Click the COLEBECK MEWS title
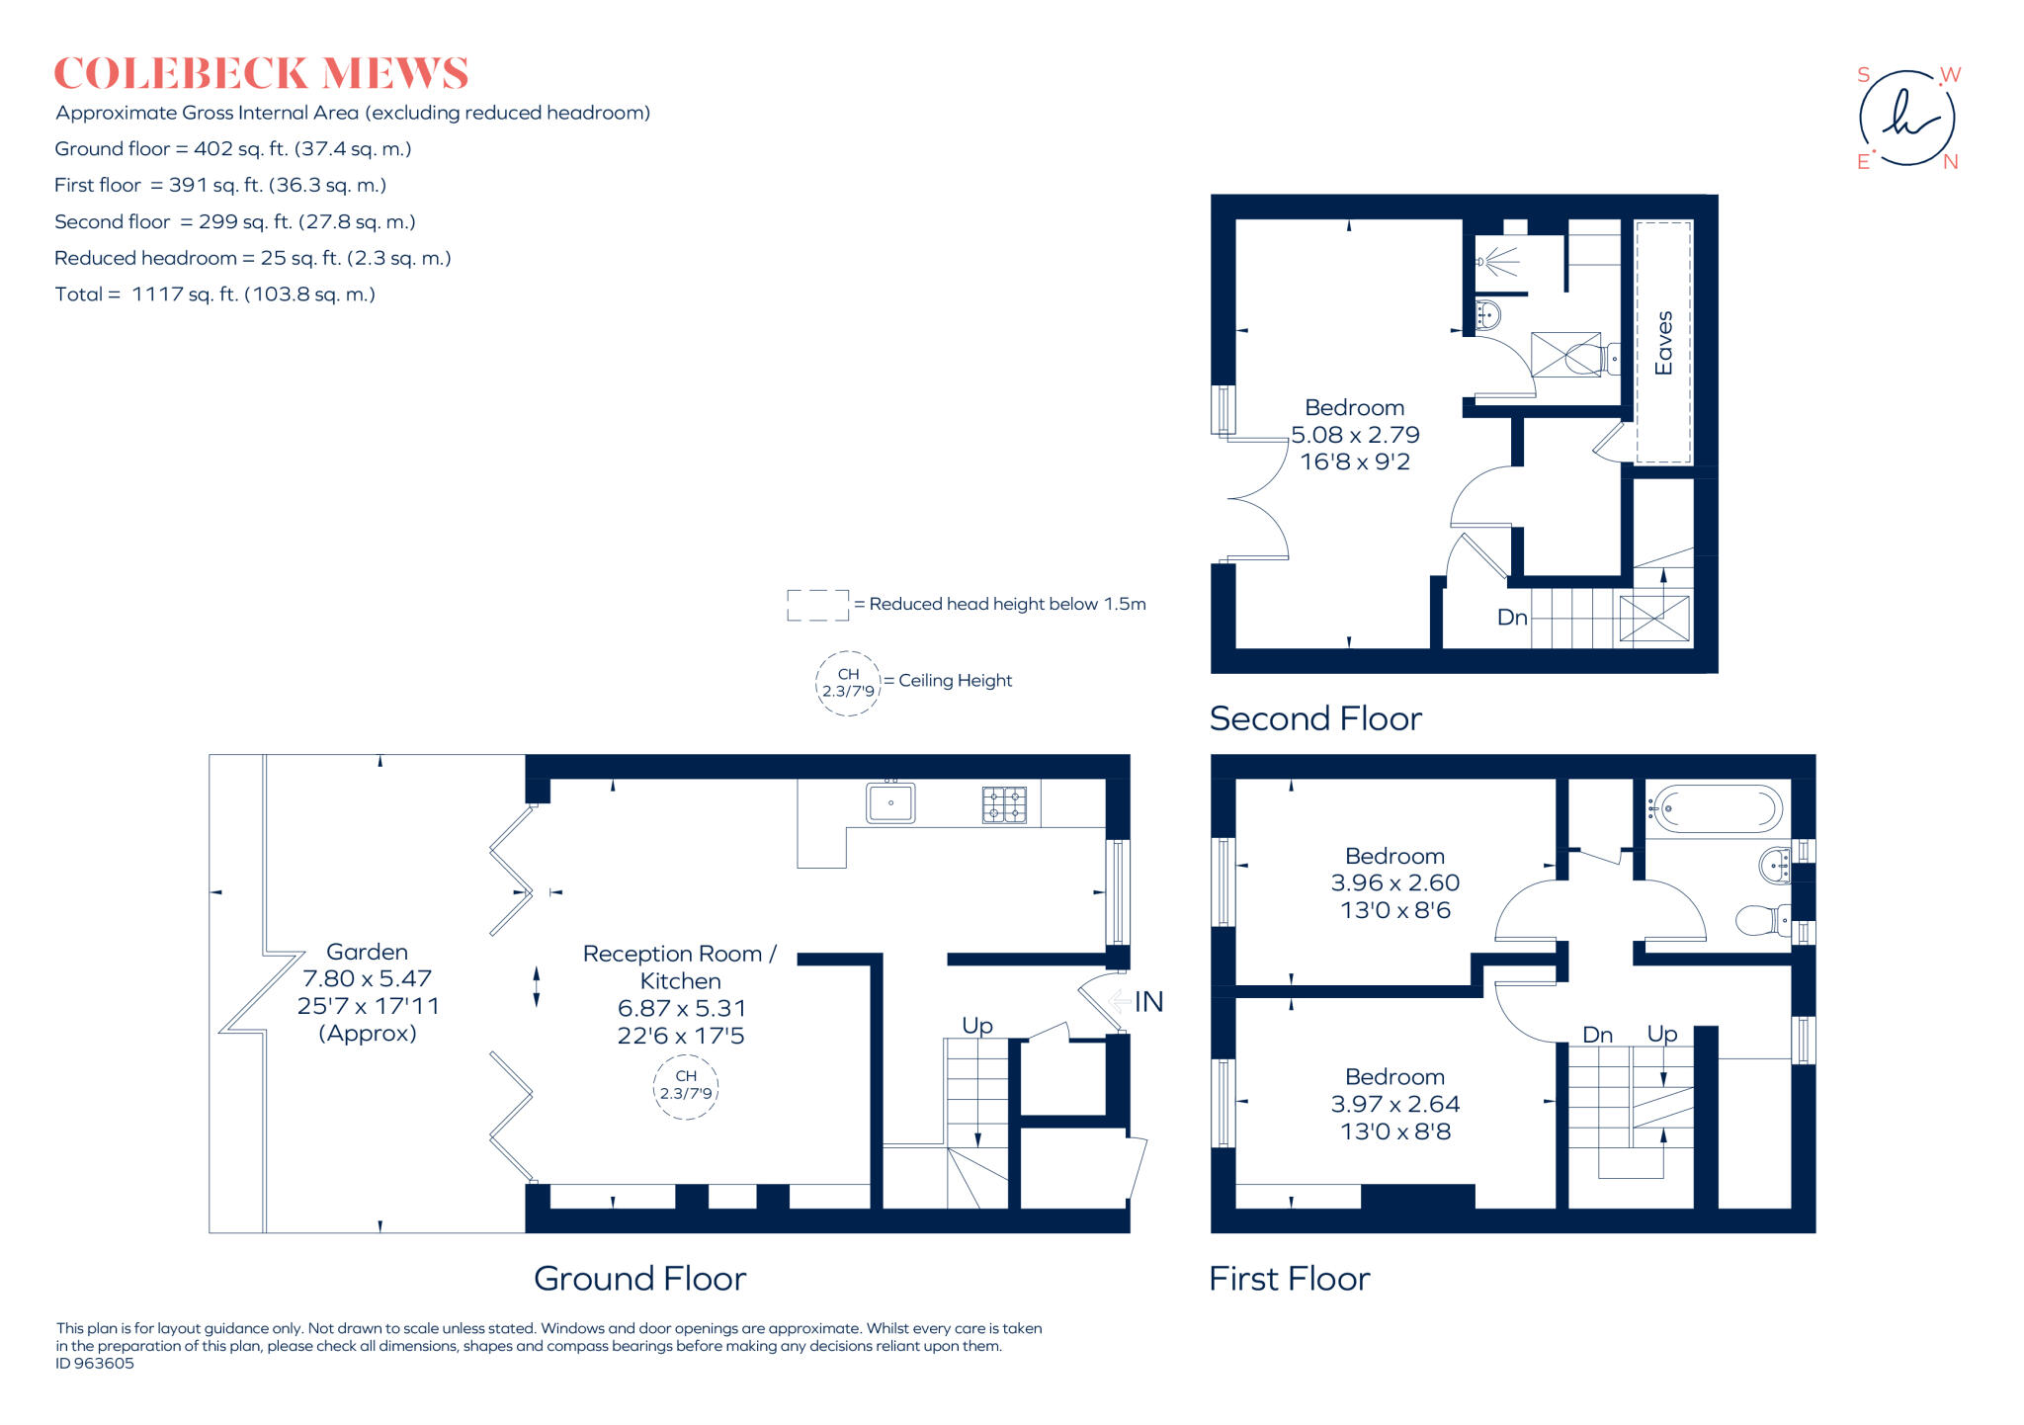261,74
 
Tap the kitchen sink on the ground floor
890,802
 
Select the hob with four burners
1004,804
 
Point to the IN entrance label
1148,1002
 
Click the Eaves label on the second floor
1664,343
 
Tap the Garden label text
367,952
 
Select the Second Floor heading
1315,718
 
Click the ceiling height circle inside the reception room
686,1085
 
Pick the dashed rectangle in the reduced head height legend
817,605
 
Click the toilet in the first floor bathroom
1761,920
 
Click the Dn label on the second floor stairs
1512,618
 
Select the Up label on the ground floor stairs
976,1025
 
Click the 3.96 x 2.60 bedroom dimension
1394,882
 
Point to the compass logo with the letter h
1906,119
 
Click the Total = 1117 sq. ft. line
215,294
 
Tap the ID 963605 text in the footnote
95,1364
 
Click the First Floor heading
1289,1279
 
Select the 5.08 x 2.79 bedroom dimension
1355,435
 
